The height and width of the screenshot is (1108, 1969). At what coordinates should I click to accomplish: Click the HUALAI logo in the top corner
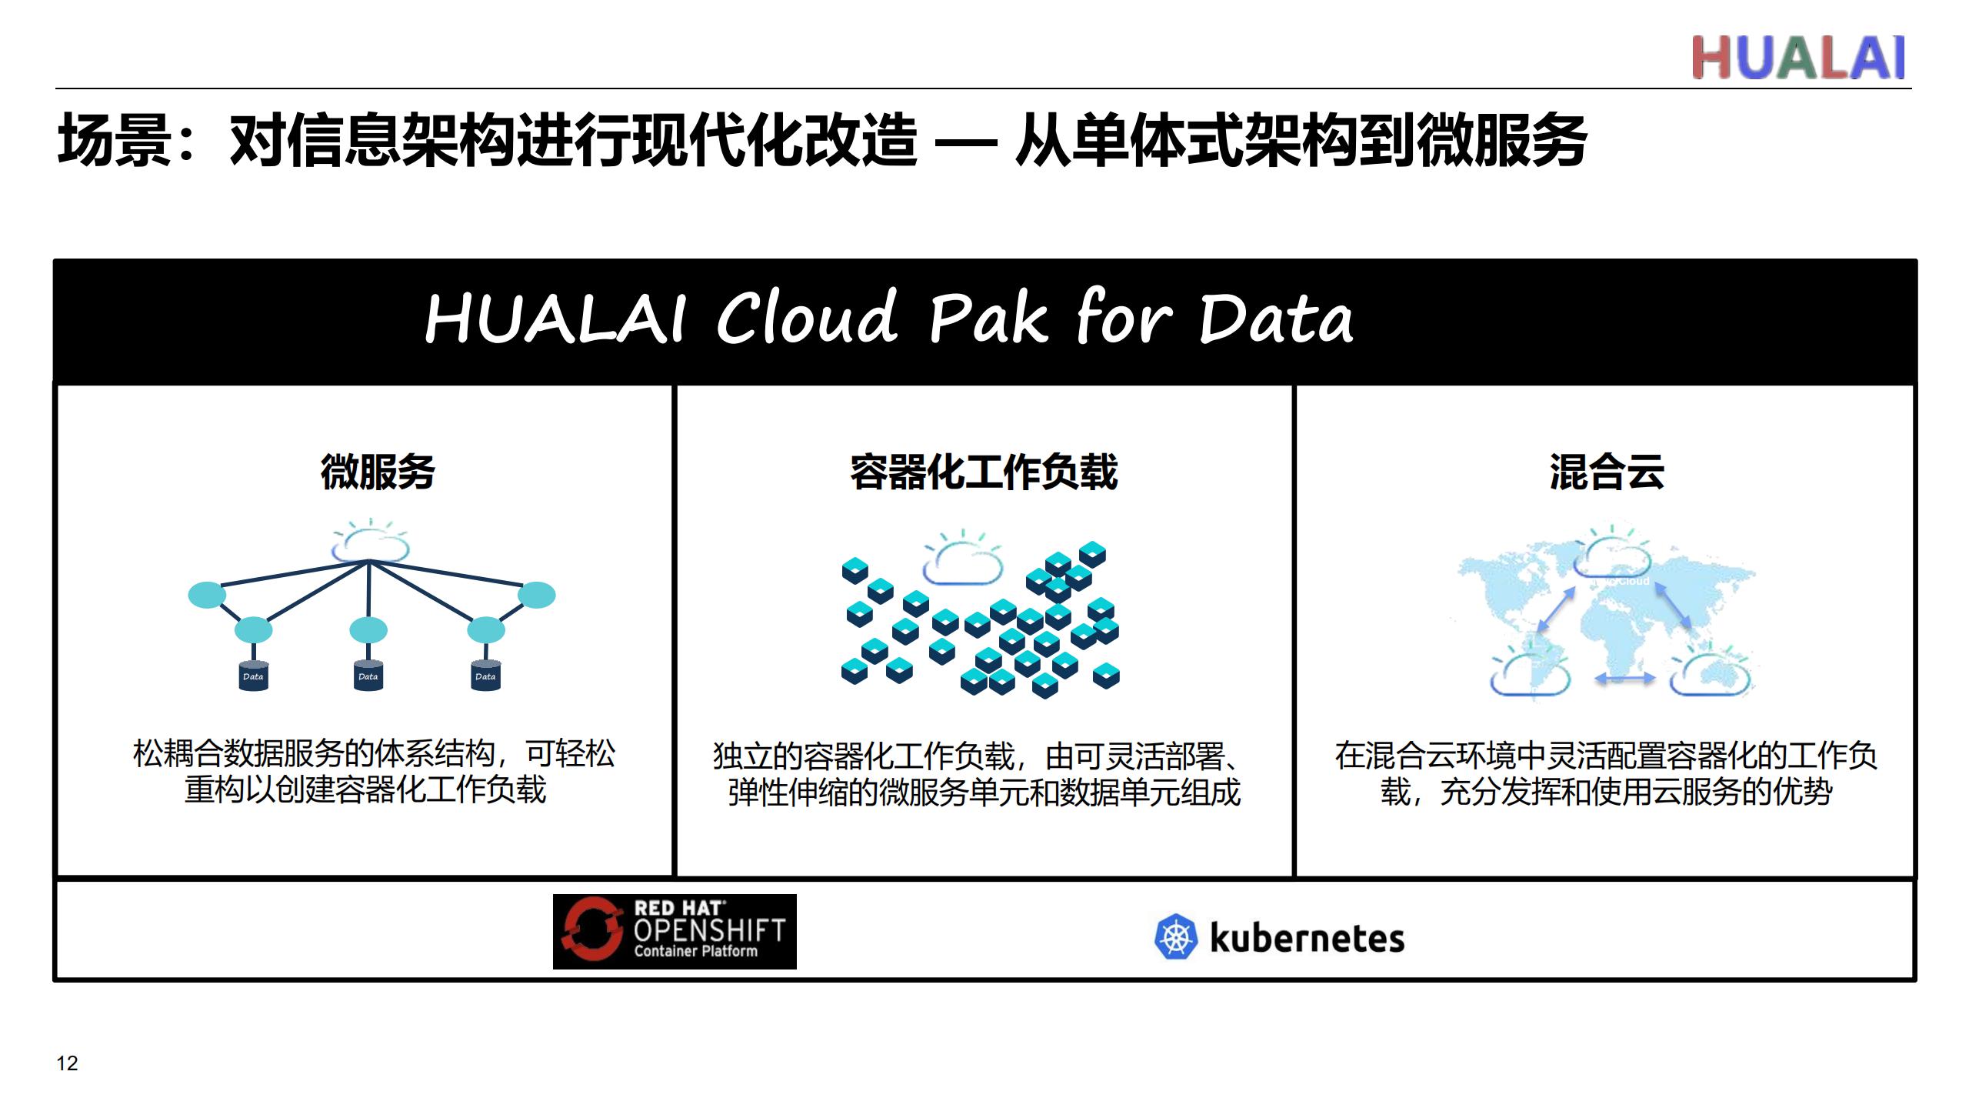[1798, 57]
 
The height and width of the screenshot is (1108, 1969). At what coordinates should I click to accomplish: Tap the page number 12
[67, 1063]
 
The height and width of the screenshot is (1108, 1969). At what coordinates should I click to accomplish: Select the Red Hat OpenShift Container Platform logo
[675, 931]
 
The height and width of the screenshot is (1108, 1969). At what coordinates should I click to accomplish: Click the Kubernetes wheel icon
[1176, 937]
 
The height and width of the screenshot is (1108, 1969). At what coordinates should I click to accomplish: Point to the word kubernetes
[1308, 938]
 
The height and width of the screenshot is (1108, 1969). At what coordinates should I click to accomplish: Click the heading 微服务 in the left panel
[378, 472]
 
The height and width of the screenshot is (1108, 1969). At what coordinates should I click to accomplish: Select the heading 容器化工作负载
[984, 472]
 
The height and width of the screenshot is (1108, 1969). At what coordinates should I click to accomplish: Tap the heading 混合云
[1607, 472]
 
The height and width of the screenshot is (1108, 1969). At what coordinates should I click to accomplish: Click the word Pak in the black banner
[988, 318]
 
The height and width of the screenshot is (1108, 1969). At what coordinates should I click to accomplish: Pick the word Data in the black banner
[1276, 318]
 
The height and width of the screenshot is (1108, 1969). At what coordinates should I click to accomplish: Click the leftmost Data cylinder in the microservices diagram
[253, 676]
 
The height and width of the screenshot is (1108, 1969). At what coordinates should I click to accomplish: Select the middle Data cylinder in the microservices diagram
[368, 676]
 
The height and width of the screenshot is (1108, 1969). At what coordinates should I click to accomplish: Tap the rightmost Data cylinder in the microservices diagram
[485, 676]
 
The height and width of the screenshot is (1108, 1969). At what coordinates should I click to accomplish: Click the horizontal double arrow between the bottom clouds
[1624, 679]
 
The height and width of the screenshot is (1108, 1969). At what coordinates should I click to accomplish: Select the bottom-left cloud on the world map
[1530, 675]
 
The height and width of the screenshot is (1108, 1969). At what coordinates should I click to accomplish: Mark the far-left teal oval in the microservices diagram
[208, 595]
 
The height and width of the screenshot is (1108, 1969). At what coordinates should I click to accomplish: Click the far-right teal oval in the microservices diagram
[536, 595]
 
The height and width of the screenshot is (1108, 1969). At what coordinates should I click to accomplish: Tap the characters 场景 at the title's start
[114, 141]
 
